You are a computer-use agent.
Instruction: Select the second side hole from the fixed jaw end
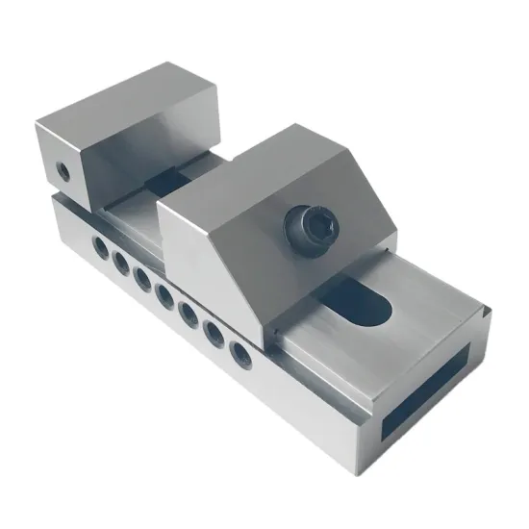click(x=120, y=262)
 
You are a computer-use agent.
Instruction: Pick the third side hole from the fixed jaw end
click(x=142, y=278)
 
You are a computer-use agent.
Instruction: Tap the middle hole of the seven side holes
click(x=164, y=294)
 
